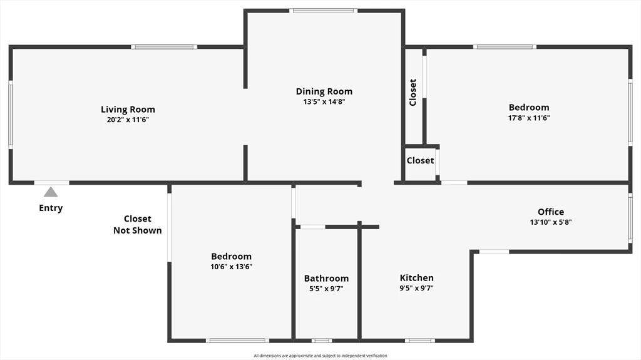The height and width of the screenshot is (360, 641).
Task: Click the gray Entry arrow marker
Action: pos(51,192)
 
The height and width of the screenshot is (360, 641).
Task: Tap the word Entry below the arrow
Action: pos(51,208)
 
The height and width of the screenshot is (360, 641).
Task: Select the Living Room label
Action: pos(128,110)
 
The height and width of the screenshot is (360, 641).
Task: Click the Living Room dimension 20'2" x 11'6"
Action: pos(128,119)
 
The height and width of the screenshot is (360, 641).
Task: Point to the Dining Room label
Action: pos(324,91)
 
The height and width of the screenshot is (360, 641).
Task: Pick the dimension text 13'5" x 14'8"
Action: pos(324,101)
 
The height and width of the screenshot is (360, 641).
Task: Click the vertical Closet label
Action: pos(413,92)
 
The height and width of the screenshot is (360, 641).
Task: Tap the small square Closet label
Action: pos(420,160)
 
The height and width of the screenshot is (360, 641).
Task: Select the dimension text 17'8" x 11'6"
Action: pos(529,117)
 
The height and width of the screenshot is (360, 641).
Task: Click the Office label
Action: pos(551,212)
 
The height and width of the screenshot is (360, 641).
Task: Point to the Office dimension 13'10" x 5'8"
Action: pos(551,222)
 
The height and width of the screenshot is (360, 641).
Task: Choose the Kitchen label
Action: pos(417,278)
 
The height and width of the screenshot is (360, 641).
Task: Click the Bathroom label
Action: pos(326,279)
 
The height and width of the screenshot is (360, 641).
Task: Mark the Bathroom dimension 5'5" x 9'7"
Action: pos(326,289)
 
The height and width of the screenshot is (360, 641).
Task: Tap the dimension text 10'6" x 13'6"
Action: pos(232,266)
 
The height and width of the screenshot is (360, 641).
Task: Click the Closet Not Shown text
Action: pos(137,224)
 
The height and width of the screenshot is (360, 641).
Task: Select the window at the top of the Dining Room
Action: pos(323,11)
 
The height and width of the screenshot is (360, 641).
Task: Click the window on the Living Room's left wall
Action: pos(11,115)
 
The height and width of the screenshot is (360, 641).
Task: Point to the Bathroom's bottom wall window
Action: pos(322,341)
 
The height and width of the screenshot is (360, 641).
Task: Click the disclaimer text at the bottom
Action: pos(320,356)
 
